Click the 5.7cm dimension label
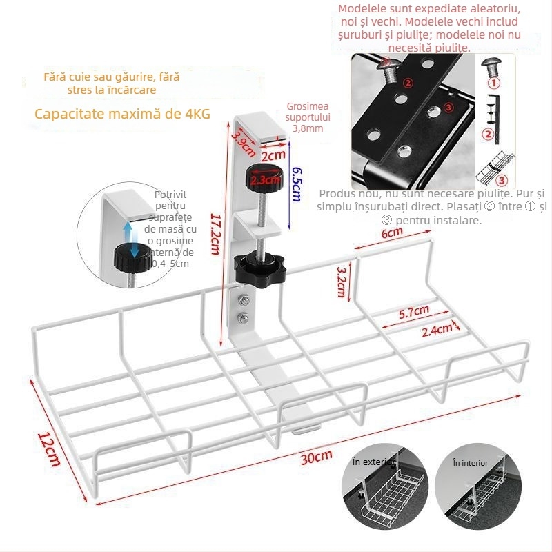(x=414, y=311)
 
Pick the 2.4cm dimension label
(x=437, y=330)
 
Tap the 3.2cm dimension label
(x=340, y=281)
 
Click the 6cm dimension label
(x=392, y=233)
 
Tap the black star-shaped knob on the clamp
(x=253, y=266)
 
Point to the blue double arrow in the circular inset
(x=129, y=231)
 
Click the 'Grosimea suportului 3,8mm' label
(x=308, y=117)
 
